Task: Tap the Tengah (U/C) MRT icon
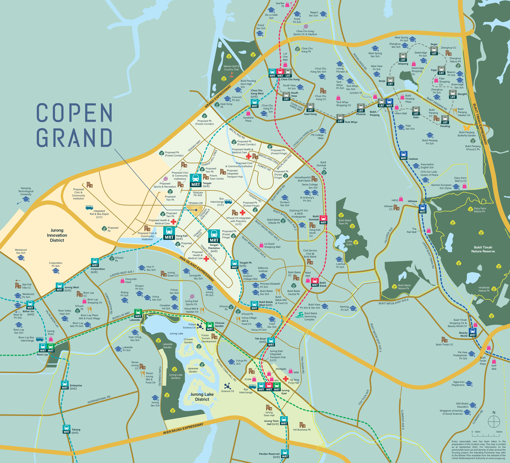point(196,180)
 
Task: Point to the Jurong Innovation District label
point(57,235)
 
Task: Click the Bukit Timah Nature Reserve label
point(483,249)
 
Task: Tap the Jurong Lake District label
point(202,397)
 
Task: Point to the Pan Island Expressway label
point(197,269)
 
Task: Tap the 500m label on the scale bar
point(499,432)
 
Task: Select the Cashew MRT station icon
point(403,155)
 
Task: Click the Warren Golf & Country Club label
point(231,68)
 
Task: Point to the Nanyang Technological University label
point(26,191)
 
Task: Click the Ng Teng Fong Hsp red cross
point(286,379)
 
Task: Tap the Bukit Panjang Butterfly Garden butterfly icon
point(466,128)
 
